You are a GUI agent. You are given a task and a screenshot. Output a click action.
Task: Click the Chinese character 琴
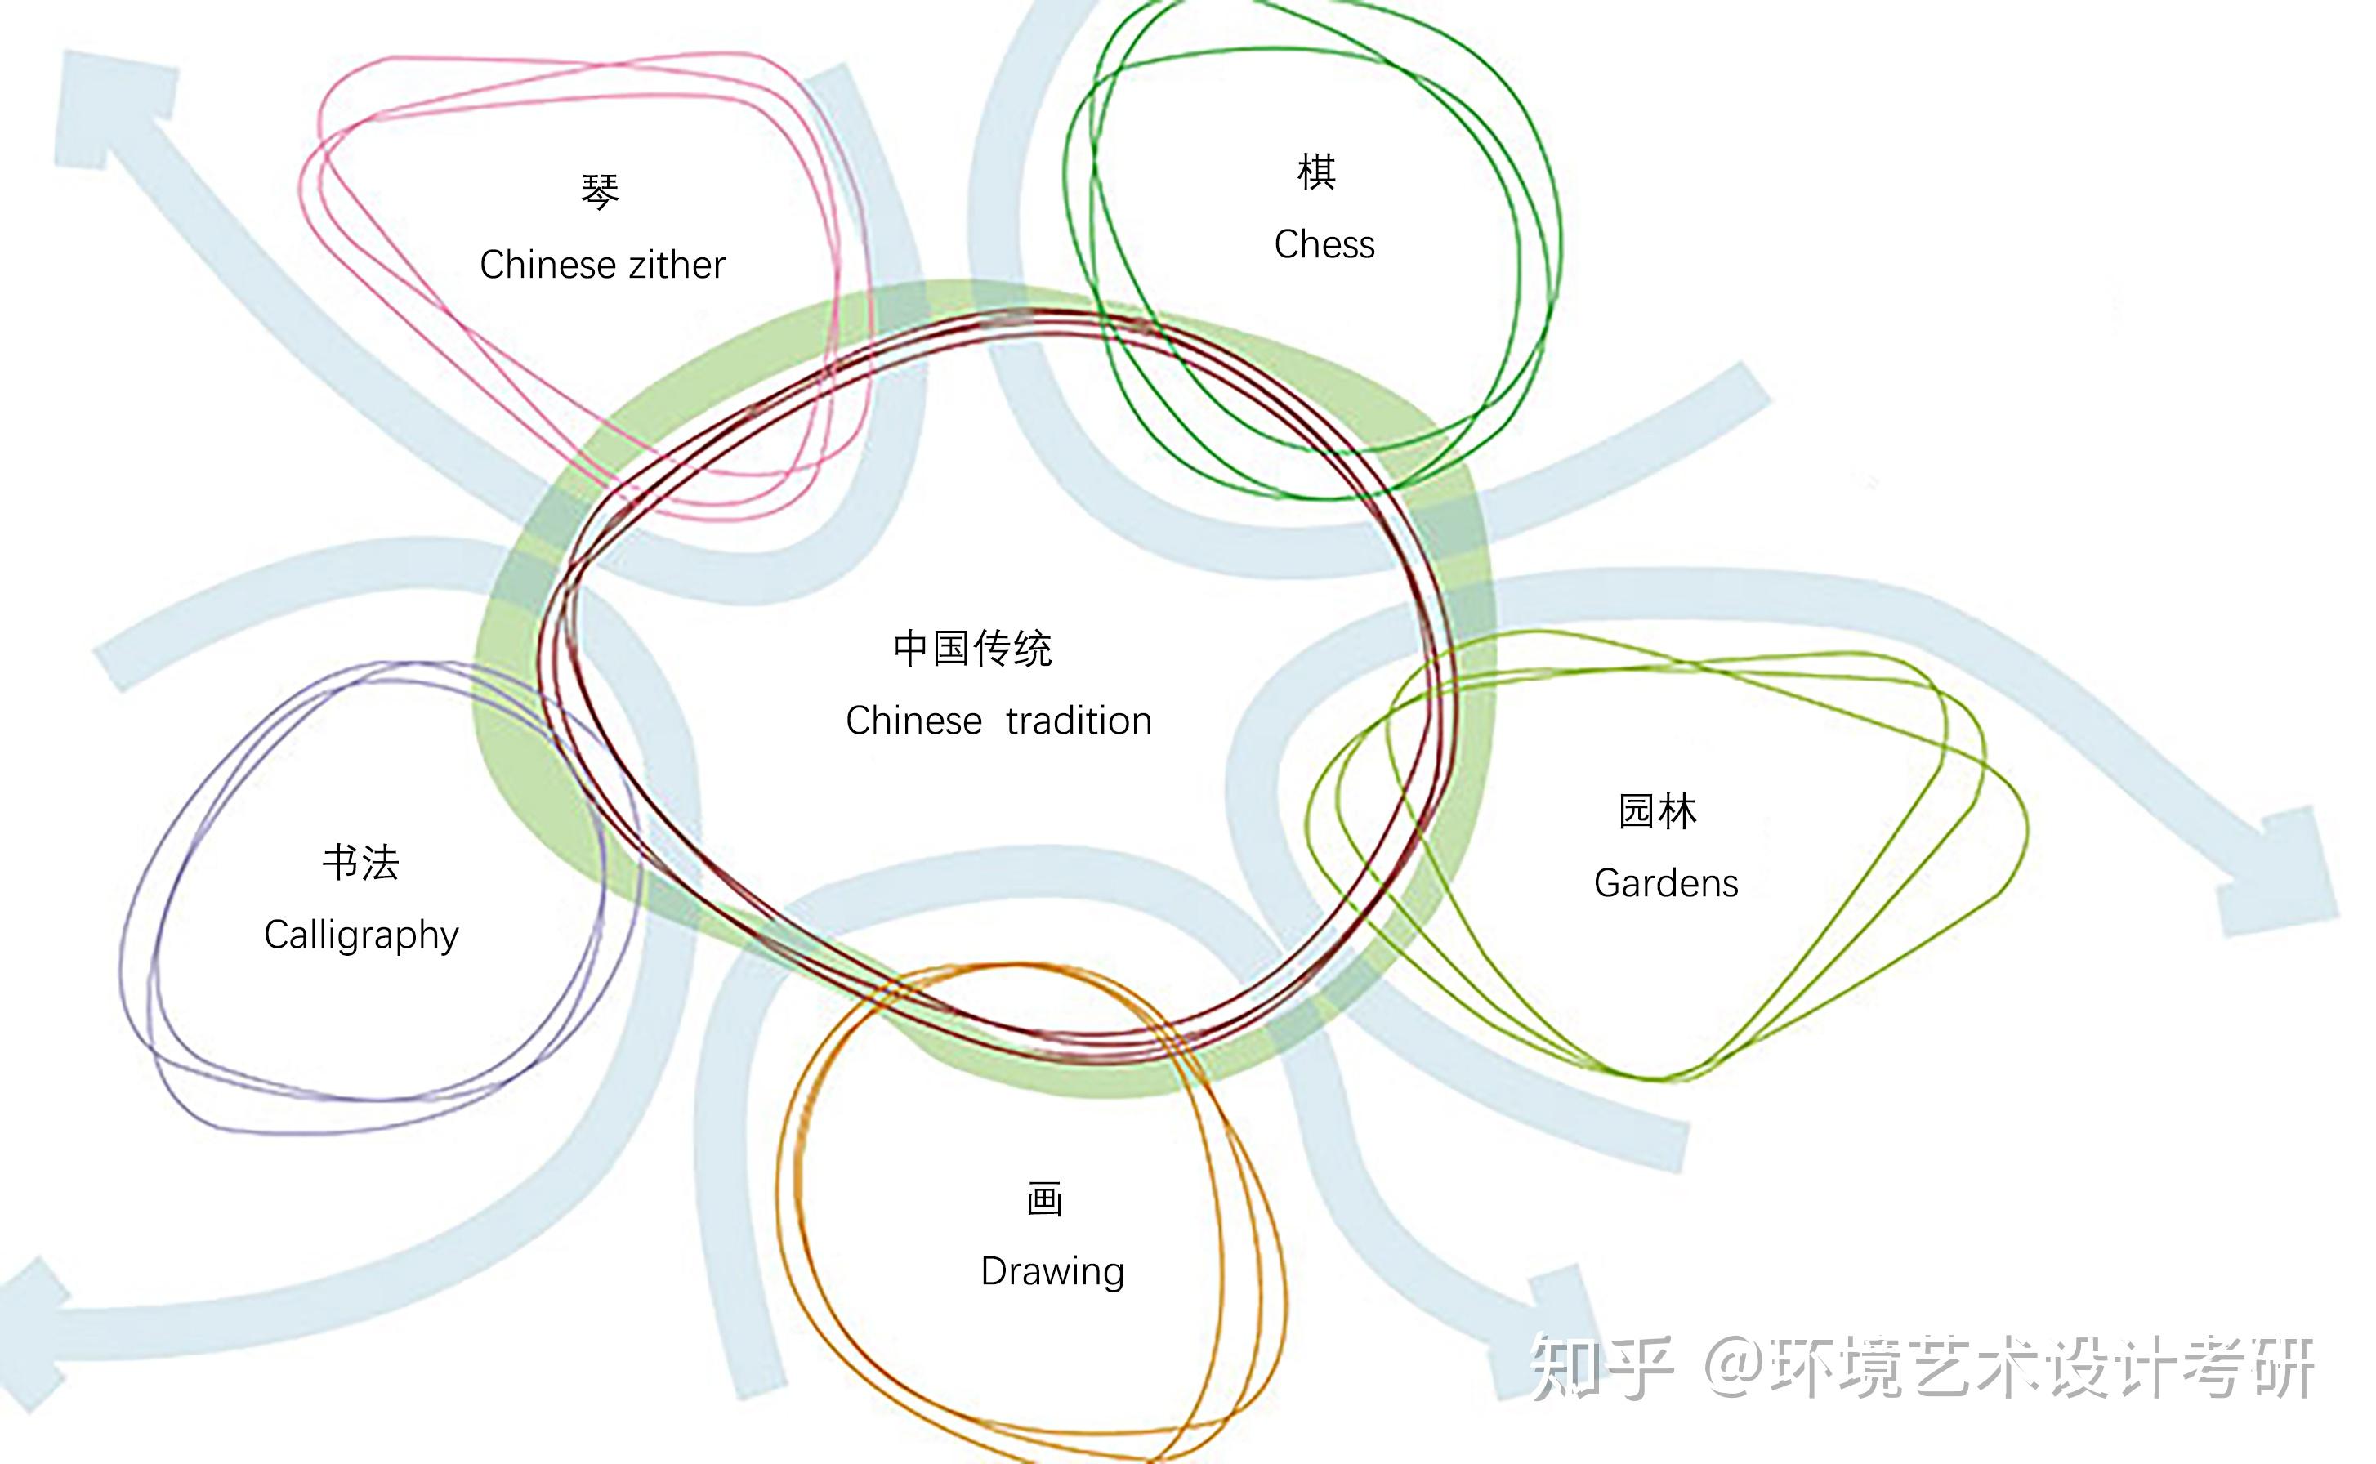tap(600, 192)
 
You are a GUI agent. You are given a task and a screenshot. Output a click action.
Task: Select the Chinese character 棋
tap(1317, 172)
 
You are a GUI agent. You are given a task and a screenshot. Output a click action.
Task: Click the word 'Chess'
tap(1324, 244)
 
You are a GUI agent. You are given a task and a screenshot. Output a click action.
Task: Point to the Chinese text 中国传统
tap(972, 648)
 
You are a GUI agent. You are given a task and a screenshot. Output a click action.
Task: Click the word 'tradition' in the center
tap(1079, 721)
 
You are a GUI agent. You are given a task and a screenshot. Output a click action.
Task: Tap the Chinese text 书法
tap(360, 862)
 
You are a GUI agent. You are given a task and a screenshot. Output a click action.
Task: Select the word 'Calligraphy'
tap(361, 935)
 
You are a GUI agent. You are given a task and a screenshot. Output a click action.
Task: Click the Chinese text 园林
tap(1657, 811)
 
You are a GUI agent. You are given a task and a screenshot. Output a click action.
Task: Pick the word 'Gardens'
tap(1665, 883)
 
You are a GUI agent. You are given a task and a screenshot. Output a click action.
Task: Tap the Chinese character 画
tap(1045, 1199)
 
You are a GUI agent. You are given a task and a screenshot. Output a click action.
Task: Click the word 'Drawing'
tap(1052, 1271)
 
